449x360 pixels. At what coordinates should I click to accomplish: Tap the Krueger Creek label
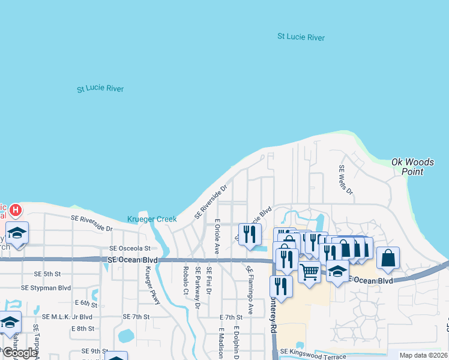[152, 220]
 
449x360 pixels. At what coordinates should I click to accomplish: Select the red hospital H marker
[16, 211]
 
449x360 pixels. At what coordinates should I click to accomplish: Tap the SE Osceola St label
[133, 248]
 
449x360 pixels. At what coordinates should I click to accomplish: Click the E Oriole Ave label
[217, 235]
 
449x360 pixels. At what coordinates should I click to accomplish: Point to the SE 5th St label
[47, 274]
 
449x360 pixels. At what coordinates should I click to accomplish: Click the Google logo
[19, 353]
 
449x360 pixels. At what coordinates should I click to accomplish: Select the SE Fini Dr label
[209, 281]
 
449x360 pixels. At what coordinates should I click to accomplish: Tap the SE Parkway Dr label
[197, 288]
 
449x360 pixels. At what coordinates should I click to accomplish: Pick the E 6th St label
[86, 303]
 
